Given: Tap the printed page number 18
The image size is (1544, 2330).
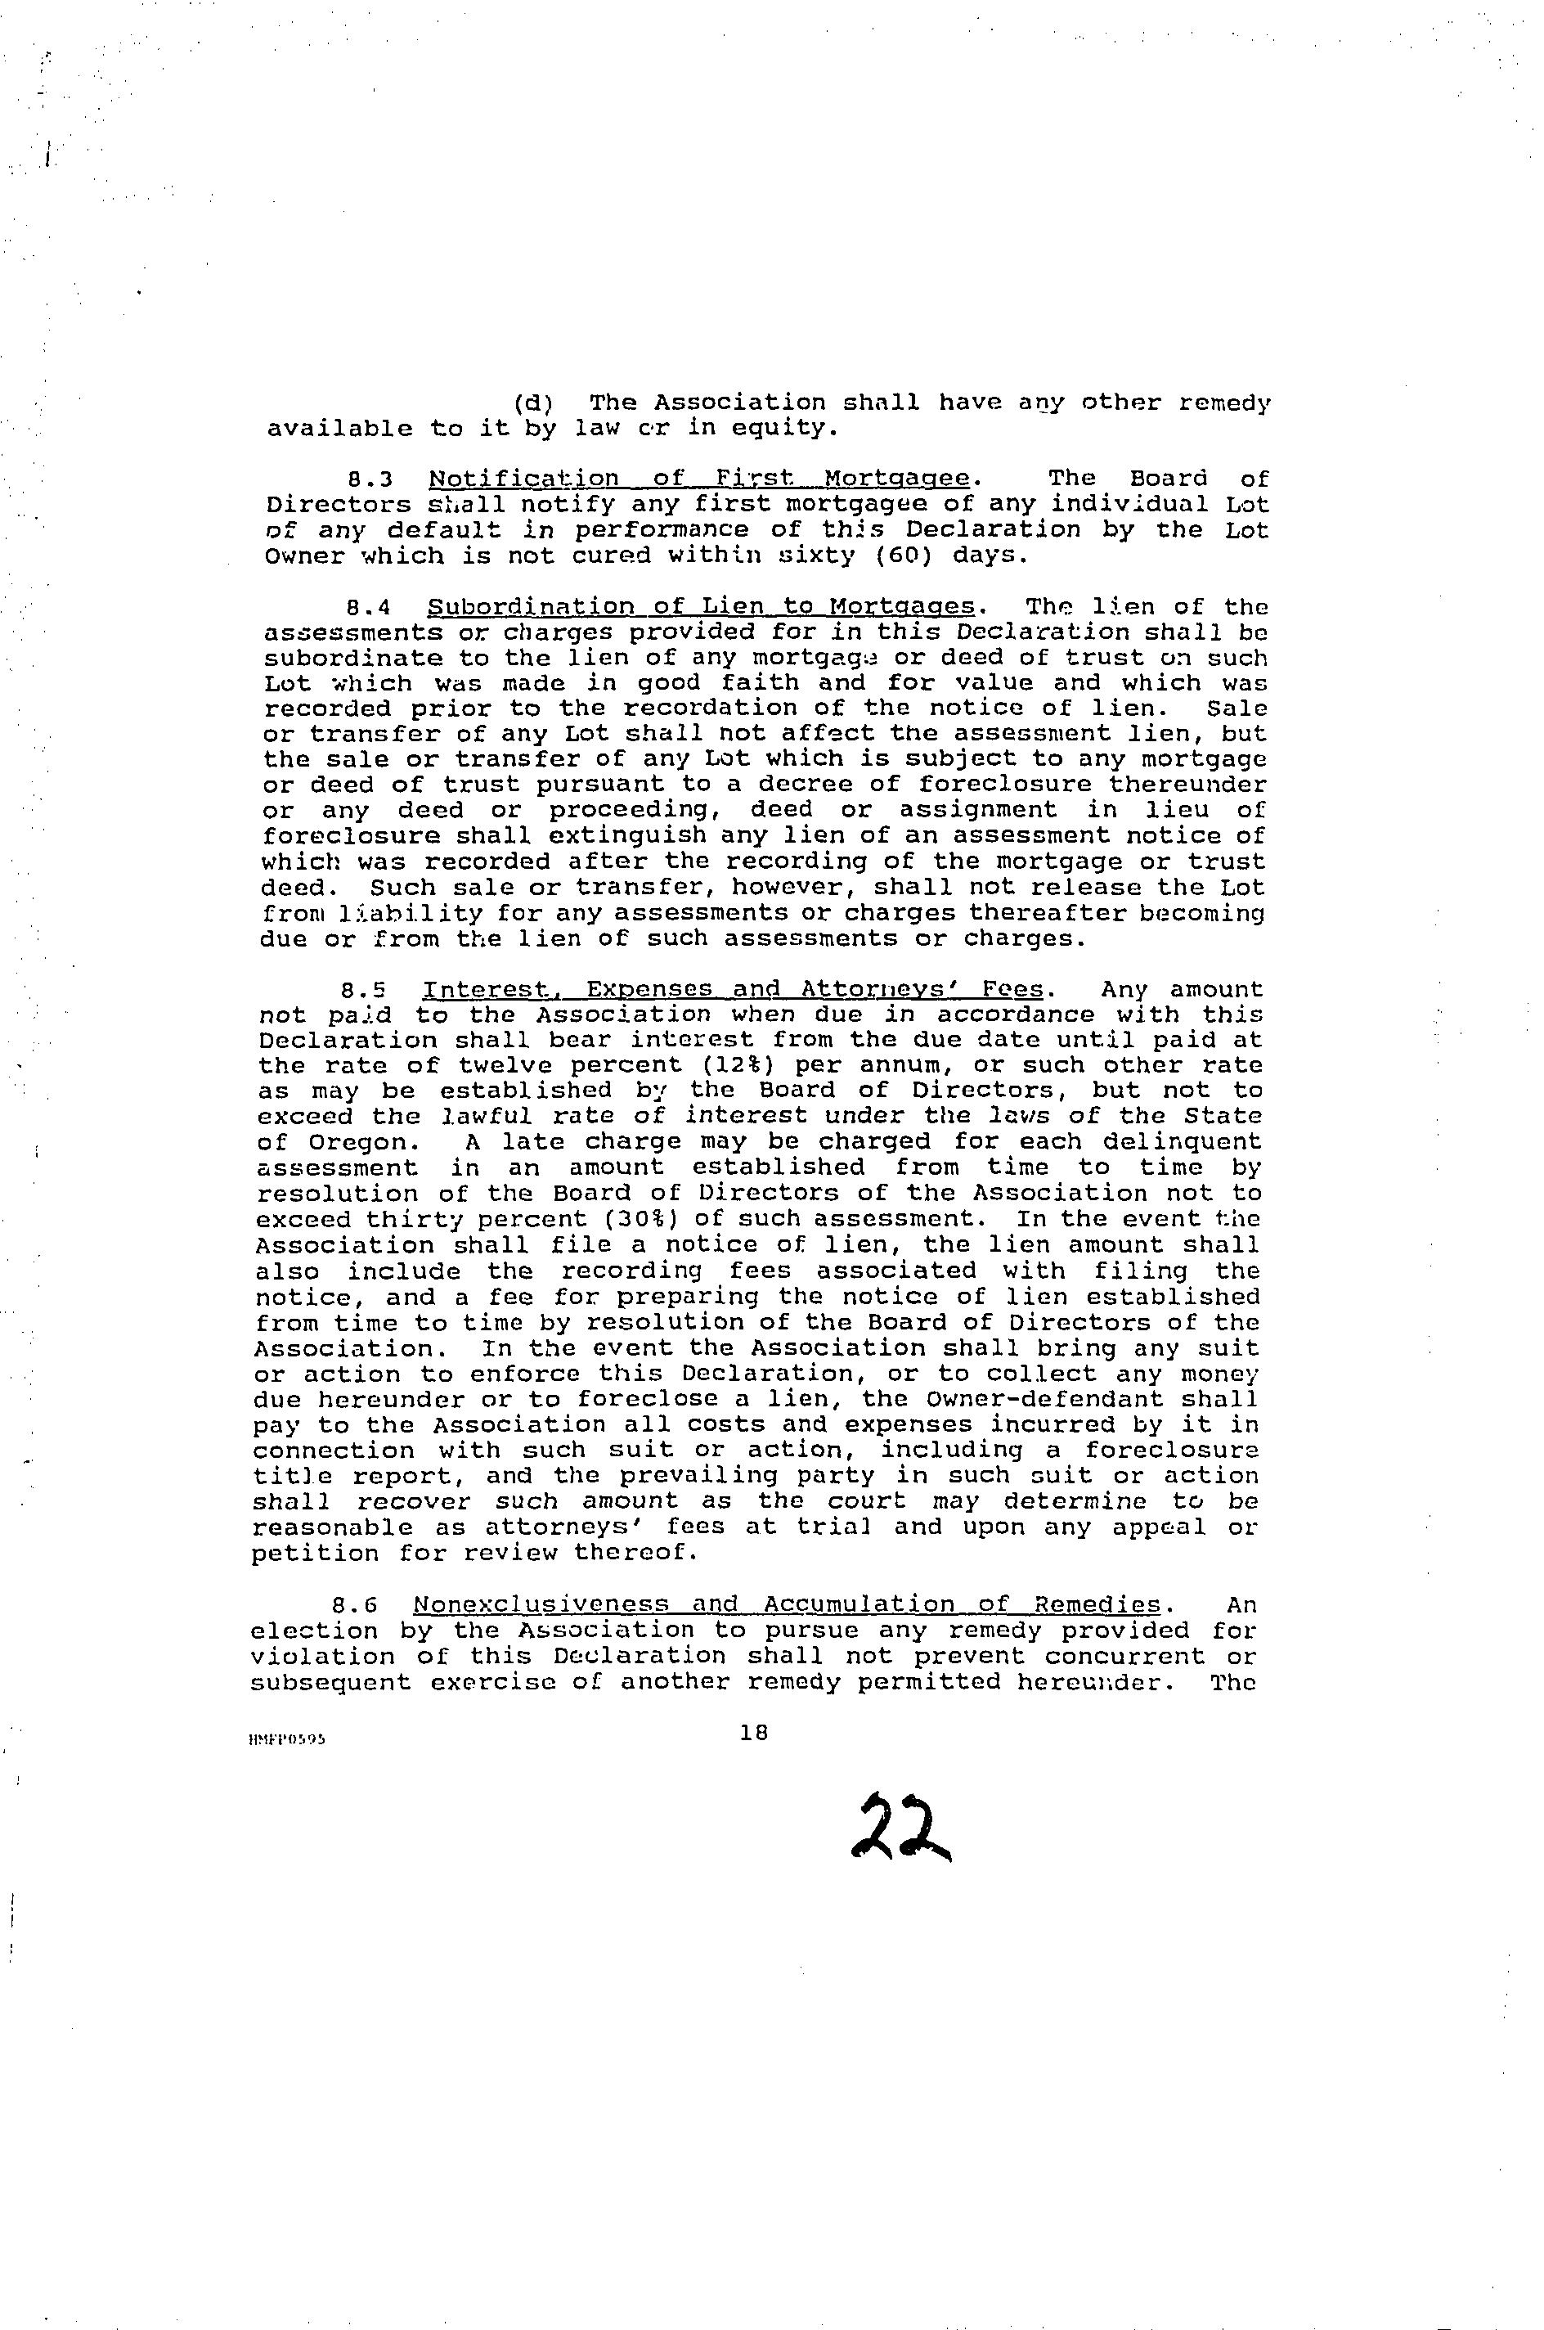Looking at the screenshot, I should coord(753,1732).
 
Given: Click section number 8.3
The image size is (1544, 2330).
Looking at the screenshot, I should coord(371,479).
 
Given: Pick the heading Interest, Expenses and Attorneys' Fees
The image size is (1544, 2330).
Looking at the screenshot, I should coord(733,990).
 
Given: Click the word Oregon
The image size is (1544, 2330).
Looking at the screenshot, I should coord(358,1142).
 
